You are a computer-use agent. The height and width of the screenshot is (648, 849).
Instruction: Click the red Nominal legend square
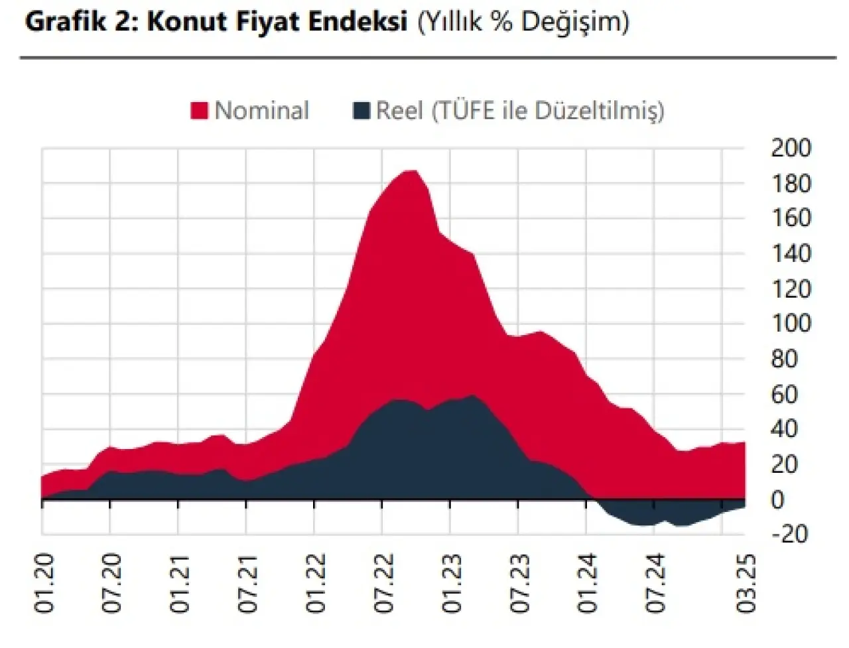[199, 111]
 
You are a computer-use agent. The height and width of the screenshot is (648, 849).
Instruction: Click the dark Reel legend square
[361, 111]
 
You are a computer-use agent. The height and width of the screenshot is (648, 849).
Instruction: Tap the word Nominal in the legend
[262, 111]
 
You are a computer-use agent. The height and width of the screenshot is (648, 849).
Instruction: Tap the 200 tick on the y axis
[791, 148]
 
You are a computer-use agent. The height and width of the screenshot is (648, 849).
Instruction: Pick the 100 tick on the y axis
[791, 324]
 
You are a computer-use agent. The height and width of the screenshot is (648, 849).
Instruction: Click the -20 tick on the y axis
[789, 534]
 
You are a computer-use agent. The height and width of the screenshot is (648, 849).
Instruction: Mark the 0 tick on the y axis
[777, 499]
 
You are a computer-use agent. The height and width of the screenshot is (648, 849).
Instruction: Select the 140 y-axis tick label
[791, 253]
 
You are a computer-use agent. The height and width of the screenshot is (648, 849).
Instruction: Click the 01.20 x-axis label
[44, 584]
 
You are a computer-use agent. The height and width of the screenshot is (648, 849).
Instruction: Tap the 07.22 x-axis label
[383, 584]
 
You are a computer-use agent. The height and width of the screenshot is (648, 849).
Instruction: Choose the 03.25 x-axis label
[746, 584]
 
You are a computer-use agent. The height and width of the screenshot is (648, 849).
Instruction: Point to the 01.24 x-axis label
[588, 584]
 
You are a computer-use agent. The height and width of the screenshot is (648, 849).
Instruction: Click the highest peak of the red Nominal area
[411, 172]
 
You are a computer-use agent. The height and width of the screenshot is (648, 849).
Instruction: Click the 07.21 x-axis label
[247, 584]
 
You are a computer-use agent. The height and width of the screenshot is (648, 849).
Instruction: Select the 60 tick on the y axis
[784, 395]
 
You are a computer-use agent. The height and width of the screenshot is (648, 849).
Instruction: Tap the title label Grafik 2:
[82, 22]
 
